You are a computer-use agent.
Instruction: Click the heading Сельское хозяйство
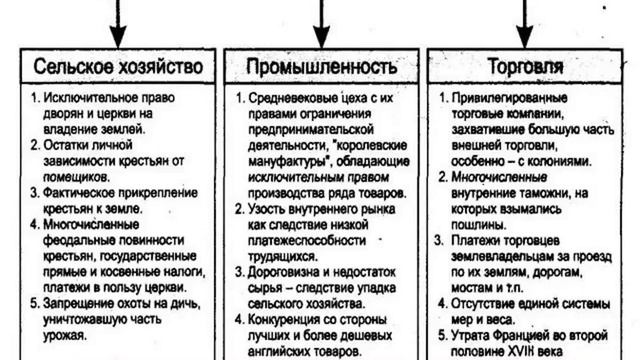click(119, 67)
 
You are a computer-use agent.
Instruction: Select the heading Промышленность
click(318, 67)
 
